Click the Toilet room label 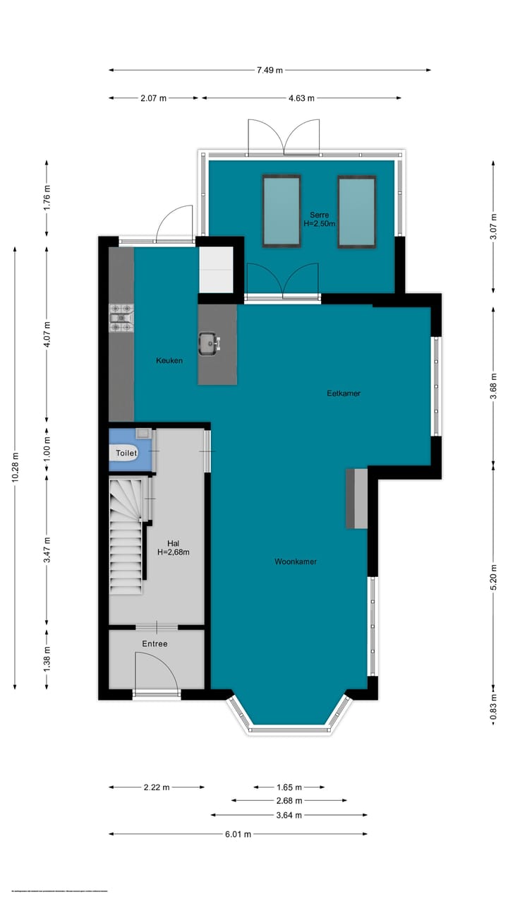(127, 453)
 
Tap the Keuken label (169, 361)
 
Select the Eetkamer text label (344, 393)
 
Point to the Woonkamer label (296, 562)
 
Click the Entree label (155, 644)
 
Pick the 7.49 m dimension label (270, 70)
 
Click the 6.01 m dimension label (238, 834)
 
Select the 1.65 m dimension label (289, 787)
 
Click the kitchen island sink (210, 344)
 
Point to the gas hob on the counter (121, 318)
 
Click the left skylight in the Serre (282, 210)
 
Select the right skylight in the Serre (356, 211)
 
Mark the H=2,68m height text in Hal (173, 552)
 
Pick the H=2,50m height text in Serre (319, 223)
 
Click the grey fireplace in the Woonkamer (356, 499)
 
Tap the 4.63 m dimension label (301, 98)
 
